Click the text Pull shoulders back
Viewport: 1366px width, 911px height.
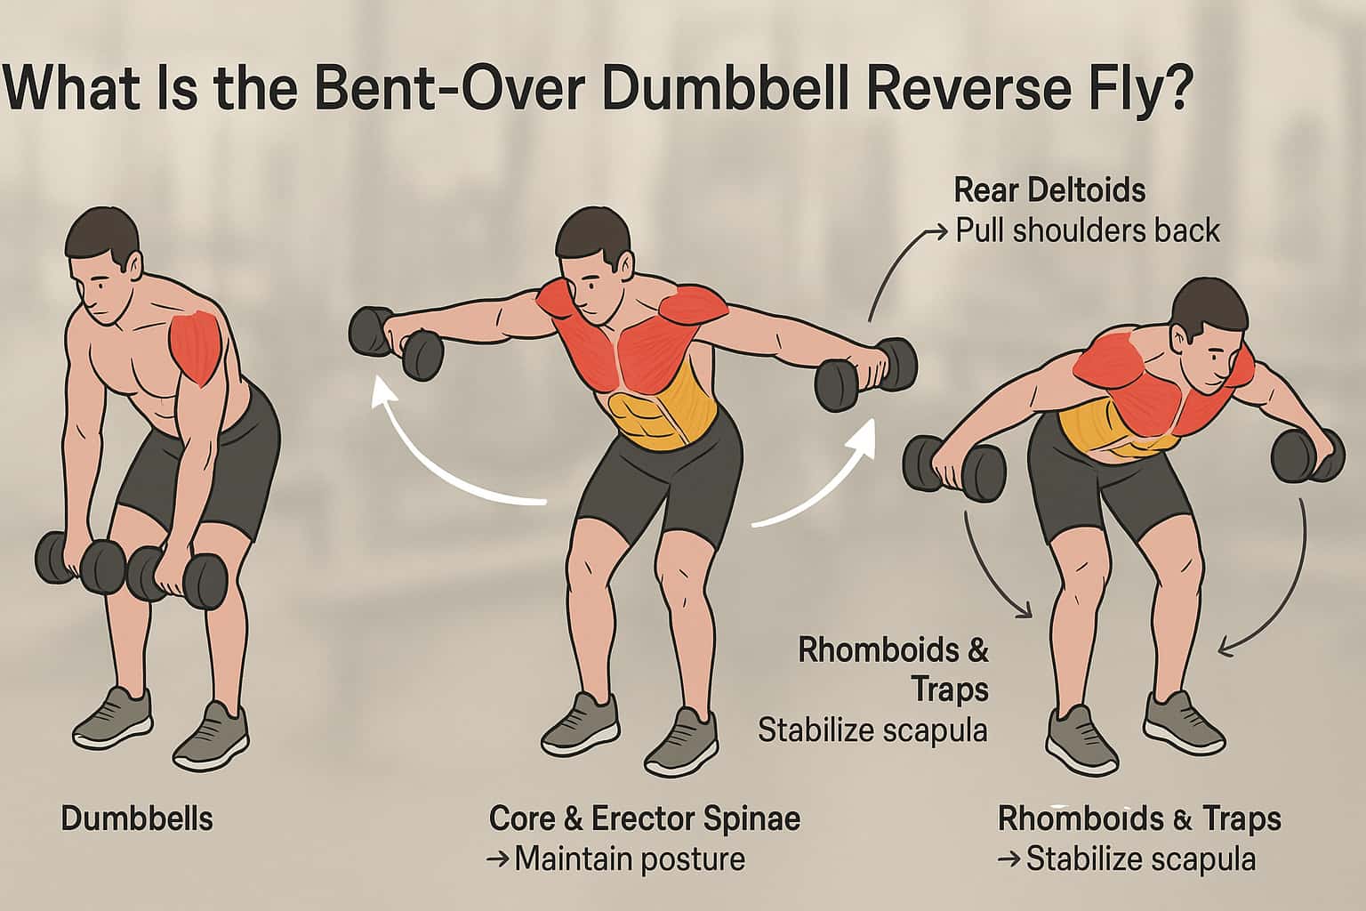1088,231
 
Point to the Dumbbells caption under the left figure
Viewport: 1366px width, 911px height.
137,818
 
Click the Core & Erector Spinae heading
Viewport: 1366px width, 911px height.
645,818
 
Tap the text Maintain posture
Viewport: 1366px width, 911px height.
630,859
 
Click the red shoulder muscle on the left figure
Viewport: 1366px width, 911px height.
195,347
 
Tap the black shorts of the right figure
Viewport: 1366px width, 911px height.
1103,482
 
